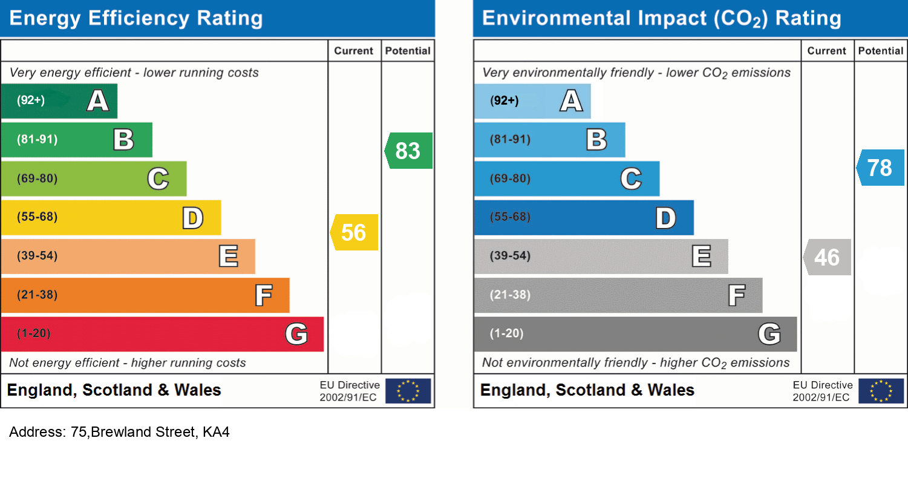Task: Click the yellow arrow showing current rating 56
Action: (x=354, y=232)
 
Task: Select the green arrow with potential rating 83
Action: (x=408, y=151)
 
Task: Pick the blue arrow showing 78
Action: (x=880, y=168)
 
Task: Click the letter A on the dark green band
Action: (x=98, y=100)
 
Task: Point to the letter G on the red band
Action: (x=296, y=334)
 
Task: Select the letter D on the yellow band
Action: (x=193, y=218)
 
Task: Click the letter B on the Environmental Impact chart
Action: (x=596, y=140)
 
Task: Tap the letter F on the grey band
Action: (x=736, y=296)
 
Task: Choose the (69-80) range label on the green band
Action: (x=37, y=178)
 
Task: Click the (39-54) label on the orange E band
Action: (x=37, y=256)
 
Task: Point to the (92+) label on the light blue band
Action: (x=505, y=100)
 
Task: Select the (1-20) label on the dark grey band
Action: (x=506, y=333)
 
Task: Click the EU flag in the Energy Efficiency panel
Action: (x=408, y=391)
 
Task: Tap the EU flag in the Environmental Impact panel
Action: (x=881, y=391)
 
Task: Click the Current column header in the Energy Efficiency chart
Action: (x=354, y=51)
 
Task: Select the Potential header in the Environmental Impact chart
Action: (x=881, y=51)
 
